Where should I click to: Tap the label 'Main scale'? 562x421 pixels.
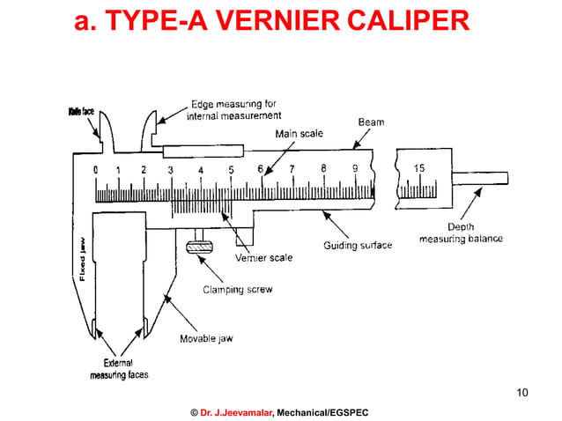pos(299,134)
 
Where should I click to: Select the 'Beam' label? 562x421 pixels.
pos(370,122)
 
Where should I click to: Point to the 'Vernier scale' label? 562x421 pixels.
pos(263,258)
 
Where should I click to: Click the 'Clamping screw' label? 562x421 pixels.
pos(238,289)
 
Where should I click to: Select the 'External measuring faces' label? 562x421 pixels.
pos(119,368)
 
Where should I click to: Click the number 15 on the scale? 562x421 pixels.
pos(419,168)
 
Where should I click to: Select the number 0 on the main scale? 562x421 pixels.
pos(95,170)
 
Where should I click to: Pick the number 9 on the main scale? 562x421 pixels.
pos(354,168)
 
